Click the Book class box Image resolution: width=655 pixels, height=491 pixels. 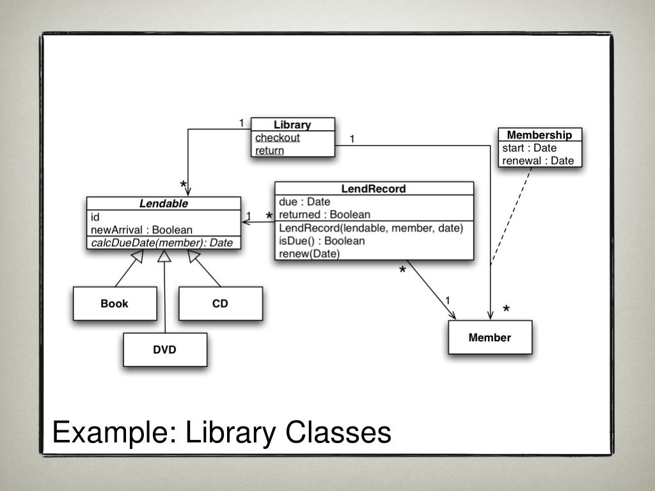pyautogui.click(x=114, y=304)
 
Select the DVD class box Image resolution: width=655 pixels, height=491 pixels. pyautogui.click(x=164, y=350)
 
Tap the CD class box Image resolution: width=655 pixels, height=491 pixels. pyautogui.click(x=220, y=304)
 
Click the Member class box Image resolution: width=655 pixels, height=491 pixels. pyautogui.click(x=489, y=338)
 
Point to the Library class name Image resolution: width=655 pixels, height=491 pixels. pyautogui.click(x=292, y=125)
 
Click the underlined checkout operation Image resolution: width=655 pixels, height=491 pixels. pyautogui.click(x=278, y=137)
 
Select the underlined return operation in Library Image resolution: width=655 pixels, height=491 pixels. pyautogui.click(x=269, y=151)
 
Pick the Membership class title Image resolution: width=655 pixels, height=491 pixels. pyautogui.click(x=539, y=135)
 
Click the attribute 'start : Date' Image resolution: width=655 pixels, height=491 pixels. pyautogui.click(x=530, y=148)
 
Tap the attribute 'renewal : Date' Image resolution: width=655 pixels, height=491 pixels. pyautogui.click(x=538, y=160)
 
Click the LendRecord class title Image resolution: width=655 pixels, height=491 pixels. pyautogui.click(x=374, y=189)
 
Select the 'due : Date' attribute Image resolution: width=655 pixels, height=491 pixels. pyautogui.click(x=304, y=202)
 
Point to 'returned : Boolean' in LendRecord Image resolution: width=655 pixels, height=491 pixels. pyautogui.click(x=324, y=215)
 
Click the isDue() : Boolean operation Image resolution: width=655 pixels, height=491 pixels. pyautogui.click(x=322, y=241)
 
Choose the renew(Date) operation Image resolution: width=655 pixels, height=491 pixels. pyautogui.click(x=310, y=254)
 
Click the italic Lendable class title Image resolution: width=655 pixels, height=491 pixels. pyautogui.click(x=164, y=204)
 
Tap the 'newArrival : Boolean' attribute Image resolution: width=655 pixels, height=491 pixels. pyautogui.click(x=141, y=230)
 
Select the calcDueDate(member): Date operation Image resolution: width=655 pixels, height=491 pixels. pyautogui.click(x=162, y=243)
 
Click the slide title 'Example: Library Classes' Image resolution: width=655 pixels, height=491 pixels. pyautogui.click(x=221, y=432)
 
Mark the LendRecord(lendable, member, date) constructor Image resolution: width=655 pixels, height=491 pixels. pyautogui.click(x=371, y=228)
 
